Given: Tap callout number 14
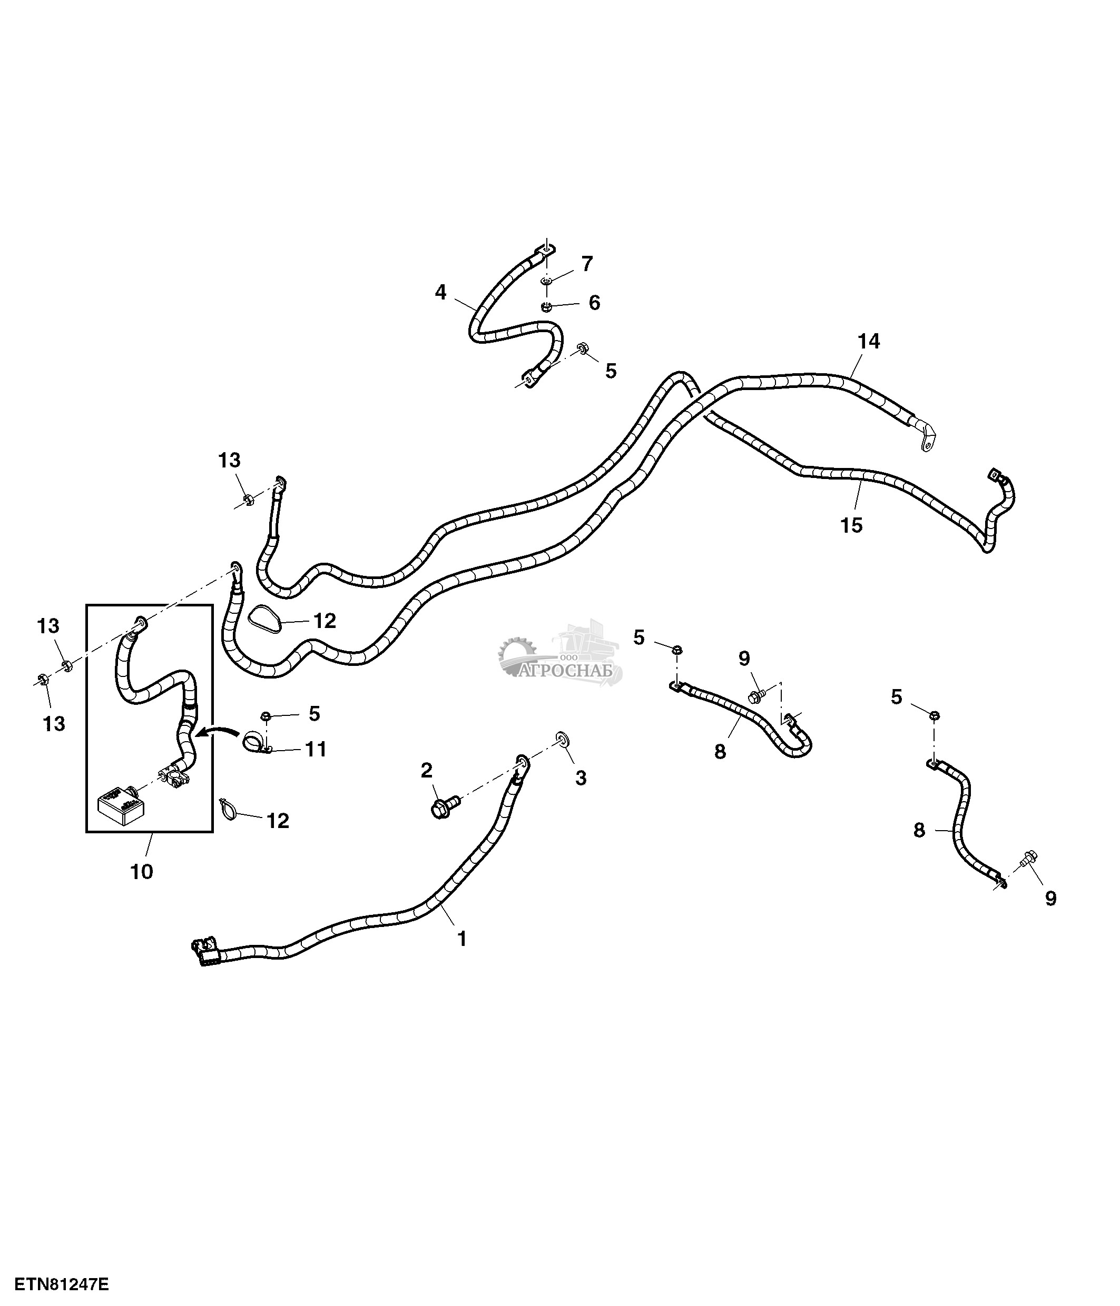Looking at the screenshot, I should [x=868, y=342].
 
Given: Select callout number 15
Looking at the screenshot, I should [x=851, y=525].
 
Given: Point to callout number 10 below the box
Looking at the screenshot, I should [x=142, y=872].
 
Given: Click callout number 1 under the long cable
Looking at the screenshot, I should [x=461, y=939].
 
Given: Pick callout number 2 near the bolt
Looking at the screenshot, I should [x=427, y=770].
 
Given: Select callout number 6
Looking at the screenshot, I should [x=594, y=303].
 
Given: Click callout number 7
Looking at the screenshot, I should [x=587, y=264].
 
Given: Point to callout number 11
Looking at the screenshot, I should [x=316, y=750].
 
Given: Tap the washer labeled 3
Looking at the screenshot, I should [x=561, y=739].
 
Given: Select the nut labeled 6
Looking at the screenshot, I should [x=547, y=307].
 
